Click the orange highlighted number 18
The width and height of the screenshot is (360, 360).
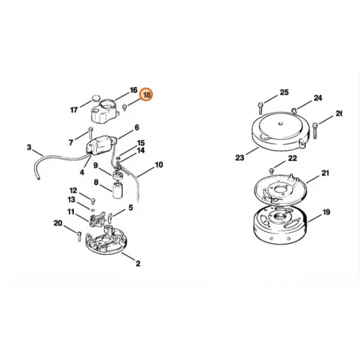pos(147,95)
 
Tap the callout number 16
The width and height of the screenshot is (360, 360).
pos(134,90)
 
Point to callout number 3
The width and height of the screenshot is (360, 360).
pos(29,147)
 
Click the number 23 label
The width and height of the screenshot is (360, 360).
pos(240,157)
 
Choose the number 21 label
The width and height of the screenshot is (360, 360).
pos(325,173)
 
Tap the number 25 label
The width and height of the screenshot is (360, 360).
pos(284,92)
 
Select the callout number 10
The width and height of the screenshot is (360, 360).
pos(158,166)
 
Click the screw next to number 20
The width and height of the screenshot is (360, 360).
pos(79,234)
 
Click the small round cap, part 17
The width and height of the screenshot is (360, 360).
pos(100,101)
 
